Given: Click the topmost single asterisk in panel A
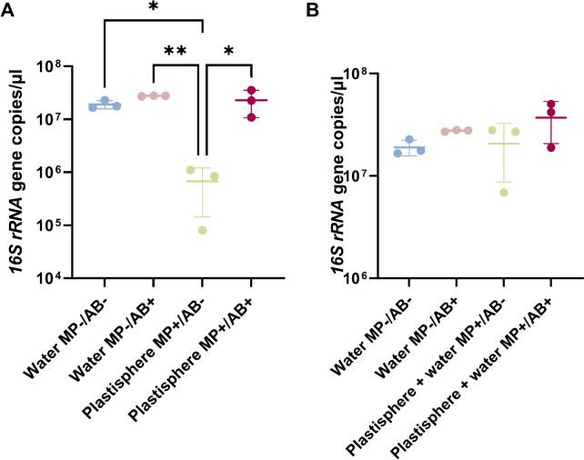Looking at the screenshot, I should (154, 7).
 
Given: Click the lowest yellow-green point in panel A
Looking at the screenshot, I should (202, 230).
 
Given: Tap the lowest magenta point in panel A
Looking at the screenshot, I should (252, 117).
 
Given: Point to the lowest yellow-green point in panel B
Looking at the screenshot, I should (504, 192).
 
